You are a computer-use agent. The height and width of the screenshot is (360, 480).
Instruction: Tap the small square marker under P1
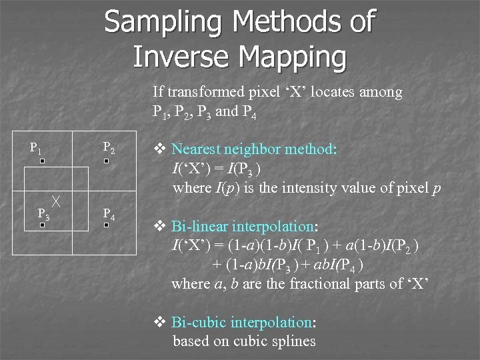click(41, 162)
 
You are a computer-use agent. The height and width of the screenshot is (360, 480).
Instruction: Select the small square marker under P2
click(106, 162)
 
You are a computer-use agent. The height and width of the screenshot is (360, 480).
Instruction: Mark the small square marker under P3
click(41, 226)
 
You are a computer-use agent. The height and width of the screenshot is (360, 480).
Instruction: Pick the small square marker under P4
click(106, 226)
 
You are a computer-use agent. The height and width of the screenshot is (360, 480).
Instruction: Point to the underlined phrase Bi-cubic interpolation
click(241, 323)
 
